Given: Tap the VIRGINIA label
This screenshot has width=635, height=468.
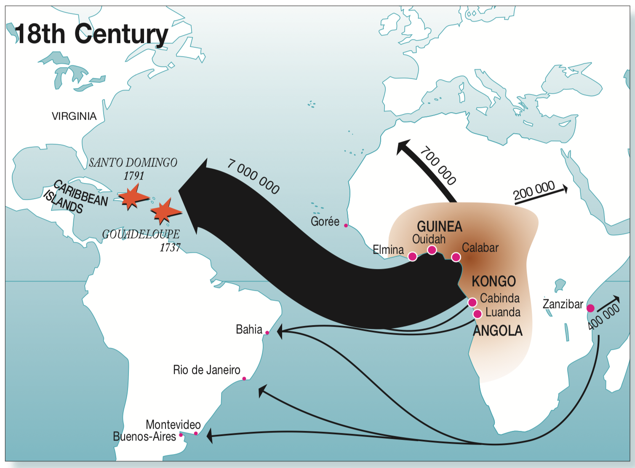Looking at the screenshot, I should click(74, 116).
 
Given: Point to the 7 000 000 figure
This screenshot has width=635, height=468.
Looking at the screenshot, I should click(253, 176).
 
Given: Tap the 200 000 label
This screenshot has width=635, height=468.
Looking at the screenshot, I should click(534, 191).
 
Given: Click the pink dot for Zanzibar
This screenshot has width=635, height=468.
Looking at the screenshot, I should click(590, 308).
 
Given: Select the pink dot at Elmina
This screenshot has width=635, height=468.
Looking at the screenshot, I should click(413, 256).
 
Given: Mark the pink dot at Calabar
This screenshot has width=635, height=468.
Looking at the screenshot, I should click(456, 257).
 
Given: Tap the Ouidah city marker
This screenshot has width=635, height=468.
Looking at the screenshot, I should click(432, 250).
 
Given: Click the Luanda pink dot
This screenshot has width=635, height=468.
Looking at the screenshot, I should click(477, 314).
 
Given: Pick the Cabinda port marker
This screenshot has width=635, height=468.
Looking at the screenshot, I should click(472, 302).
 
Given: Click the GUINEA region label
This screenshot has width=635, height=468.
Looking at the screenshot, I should click(439, 226).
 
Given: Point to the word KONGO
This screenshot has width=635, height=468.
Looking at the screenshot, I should click(494, 281).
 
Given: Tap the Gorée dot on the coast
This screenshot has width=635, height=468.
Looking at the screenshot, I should click(346, 226).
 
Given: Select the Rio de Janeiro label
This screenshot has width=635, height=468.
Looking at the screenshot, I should click(206, 370).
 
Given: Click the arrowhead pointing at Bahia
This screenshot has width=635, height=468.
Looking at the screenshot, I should click(280, 331).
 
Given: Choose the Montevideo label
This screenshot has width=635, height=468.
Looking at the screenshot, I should click(173, 424).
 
